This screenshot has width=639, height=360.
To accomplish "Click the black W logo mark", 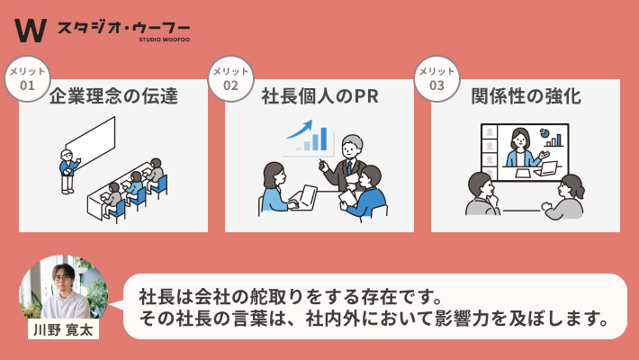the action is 31,31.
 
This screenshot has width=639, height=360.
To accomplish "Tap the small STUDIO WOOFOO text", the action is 164,40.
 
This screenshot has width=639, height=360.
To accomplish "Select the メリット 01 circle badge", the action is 27,78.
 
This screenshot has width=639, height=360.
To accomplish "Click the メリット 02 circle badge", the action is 230,78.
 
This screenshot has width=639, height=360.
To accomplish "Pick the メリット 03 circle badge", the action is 436,78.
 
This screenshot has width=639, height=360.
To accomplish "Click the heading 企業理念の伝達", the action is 113,96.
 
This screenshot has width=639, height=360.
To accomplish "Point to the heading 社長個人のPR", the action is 319,96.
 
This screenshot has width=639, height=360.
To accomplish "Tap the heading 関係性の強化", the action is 526,96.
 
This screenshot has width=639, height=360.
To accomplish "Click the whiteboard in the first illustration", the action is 91,139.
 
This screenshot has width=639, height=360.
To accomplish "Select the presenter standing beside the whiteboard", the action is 69,172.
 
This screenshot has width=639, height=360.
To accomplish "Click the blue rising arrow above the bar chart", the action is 300,130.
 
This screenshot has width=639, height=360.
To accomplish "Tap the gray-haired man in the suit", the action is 346,163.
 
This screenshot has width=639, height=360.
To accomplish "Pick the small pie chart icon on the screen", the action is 544,133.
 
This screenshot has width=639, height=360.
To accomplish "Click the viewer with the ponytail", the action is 565,197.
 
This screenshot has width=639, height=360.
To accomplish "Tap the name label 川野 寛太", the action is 63,329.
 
